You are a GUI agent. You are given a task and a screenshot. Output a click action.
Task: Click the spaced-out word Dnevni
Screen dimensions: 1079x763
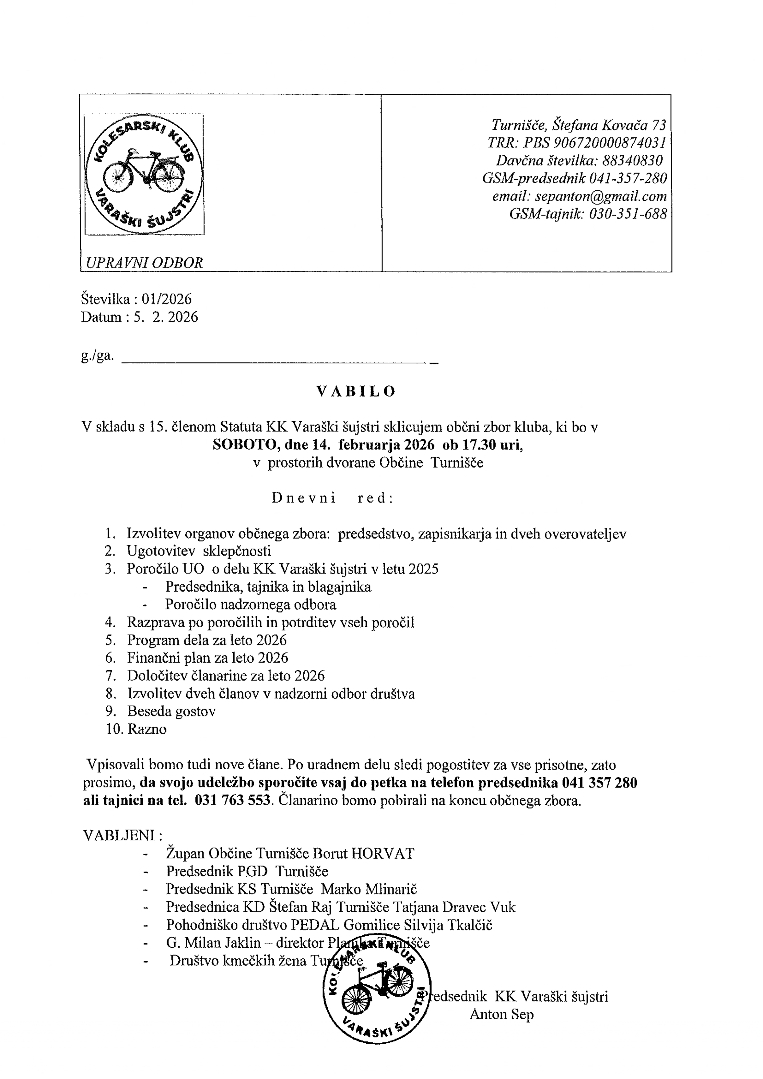point(303,498)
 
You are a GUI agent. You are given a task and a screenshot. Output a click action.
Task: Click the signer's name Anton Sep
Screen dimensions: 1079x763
point(501,1015)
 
